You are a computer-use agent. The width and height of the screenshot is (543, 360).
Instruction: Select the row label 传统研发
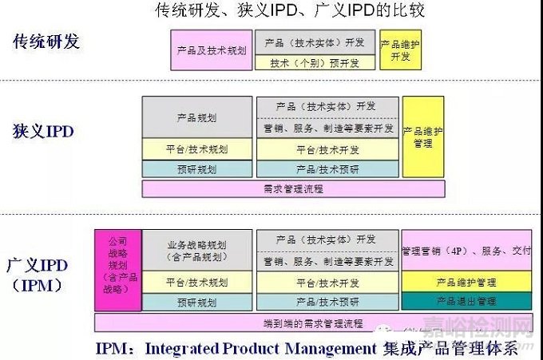tap(47, 42)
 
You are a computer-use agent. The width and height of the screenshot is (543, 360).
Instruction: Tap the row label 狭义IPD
tap(43, 131)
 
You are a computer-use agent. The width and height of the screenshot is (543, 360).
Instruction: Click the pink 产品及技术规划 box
tap(212, 49)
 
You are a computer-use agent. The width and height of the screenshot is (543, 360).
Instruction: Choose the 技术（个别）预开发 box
tap(315, 61)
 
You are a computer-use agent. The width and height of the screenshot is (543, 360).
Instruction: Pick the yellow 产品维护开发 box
tap(400, 49)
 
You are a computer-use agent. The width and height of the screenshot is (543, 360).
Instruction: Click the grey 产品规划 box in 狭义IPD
tap(197, 117)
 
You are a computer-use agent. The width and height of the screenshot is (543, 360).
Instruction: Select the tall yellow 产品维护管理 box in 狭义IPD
tap(422, 136)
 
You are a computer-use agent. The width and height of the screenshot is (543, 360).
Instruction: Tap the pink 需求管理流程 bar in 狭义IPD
tap(293, 189)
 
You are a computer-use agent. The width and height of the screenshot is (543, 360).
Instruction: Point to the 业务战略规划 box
tap(197, 251)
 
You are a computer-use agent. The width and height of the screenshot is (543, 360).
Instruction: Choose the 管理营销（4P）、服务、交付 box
tap(466, 251)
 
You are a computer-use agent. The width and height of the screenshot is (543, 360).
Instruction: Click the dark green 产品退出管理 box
tap(466, 301)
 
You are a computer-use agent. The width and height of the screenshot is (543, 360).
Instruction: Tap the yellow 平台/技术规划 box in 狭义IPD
tap(197, 149)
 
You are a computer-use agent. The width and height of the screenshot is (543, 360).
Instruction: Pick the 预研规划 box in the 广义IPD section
tap(197, 302)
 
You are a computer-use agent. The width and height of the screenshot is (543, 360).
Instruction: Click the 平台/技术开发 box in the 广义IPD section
tap(327, 283)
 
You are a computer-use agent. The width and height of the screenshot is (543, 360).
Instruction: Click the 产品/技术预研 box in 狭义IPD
tap(327, 169)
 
